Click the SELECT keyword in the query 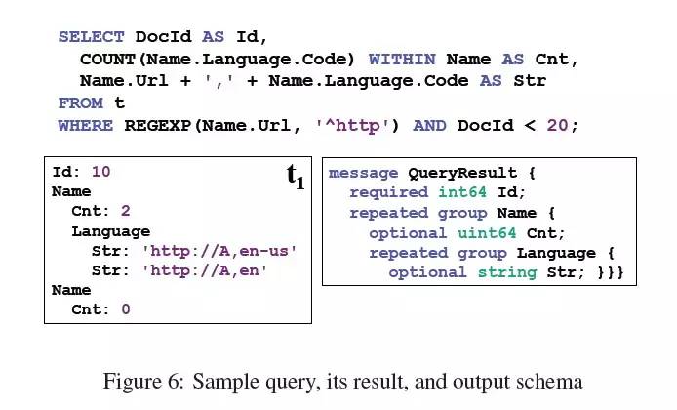[91, 37]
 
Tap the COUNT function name [107, 60]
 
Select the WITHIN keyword [402, 60]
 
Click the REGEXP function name [157, 125]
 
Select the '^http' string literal [358, 125]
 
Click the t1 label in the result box [295, 177]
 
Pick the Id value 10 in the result [100, 172]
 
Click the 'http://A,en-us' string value [219, 251]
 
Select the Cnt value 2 [125, 211]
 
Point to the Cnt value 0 [125, 309]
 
